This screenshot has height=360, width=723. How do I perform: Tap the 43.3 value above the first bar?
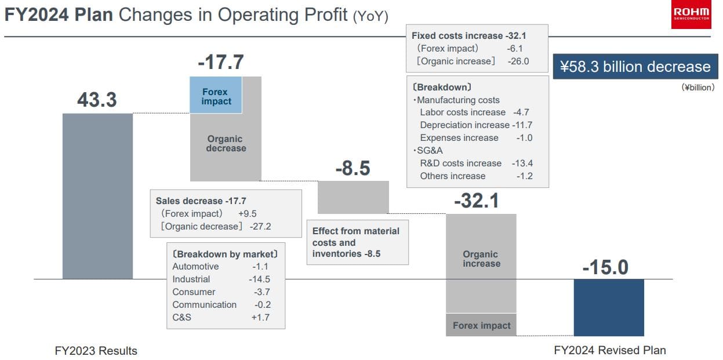pos(97,100)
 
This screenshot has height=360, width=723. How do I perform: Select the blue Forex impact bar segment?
pos(216,96)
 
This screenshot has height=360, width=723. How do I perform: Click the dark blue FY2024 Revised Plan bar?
pos(608,307)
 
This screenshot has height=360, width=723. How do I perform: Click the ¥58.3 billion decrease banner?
pos(635,67)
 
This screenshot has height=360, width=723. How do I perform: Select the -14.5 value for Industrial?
pos(259,279)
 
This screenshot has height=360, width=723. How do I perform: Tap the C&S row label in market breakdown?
pos(181,318)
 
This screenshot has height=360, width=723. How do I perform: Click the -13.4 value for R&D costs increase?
pos(522,163)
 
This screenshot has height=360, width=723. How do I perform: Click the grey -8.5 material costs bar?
pos(353,197)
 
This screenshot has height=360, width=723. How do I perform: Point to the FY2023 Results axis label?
pos(96,351)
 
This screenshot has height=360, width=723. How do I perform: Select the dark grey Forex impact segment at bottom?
pos(481,325)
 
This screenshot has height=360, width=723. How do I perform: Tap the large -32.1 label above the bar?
pos(477,201)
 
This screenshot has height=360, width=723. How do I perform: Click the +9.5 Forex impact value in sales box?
pos(247,213)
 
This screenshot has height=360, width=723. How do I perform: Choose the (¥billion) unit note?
pos(697,88)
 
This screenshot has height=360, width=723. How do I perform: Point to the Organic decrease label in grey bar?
pos(226,144)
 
